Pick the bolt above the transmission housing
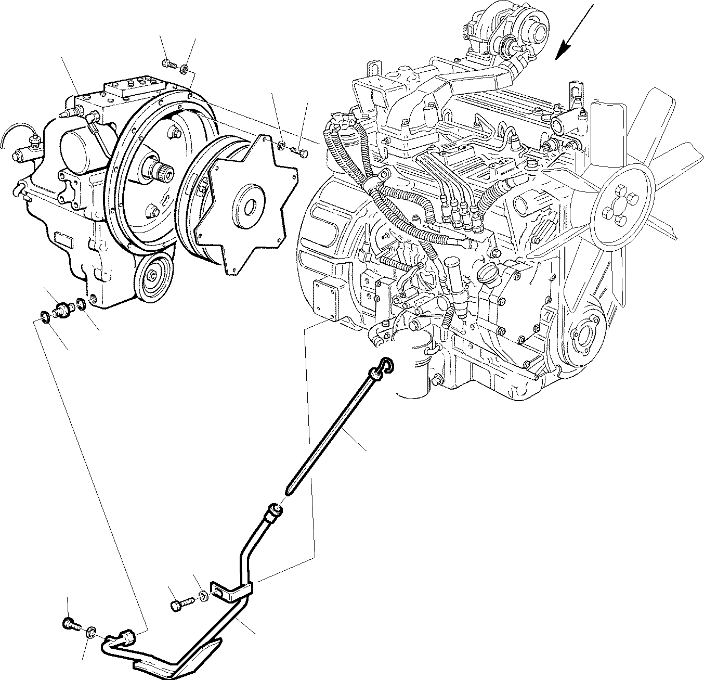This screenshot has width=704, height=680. pyautogui.click(x=168, y=64)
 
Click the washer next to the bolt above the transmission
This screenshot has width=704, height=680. pyautogui.click(x=185, y=68)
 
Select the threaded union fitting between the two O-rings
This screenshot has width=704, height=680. pyautogui.click(x=63, y=310)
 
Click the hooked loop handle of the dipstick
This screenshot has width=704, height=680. pyautogui.click(x=386, y=364)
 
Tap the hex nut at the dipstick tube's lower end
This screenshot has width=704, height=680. pyautogui.click(x=126, y=635)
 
